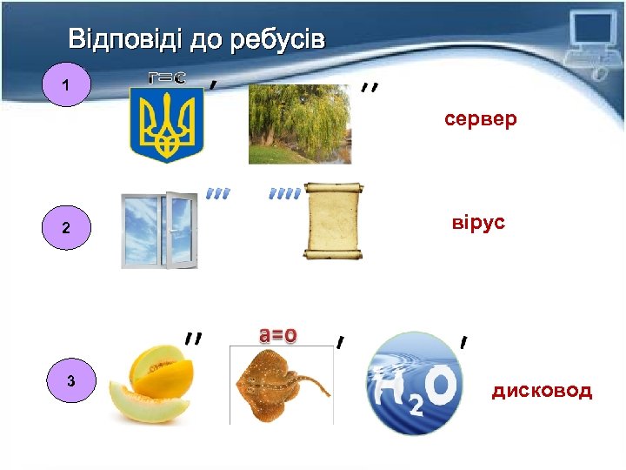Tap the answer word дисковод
click(x=542, y=391)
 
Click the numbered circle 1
click(x=67, y=86)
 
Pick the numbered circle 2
click(x=65, y=229)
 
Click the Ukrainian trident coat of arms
click(x=166, y=124)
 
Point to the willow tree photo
click(x=299, y=124)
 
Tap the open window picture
click(x=159, y=230)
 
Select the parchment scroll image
click(x=333, y=221)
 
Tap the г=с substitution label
click(x=165, y=77)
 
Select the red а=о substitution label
click(x=278, y=333)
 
